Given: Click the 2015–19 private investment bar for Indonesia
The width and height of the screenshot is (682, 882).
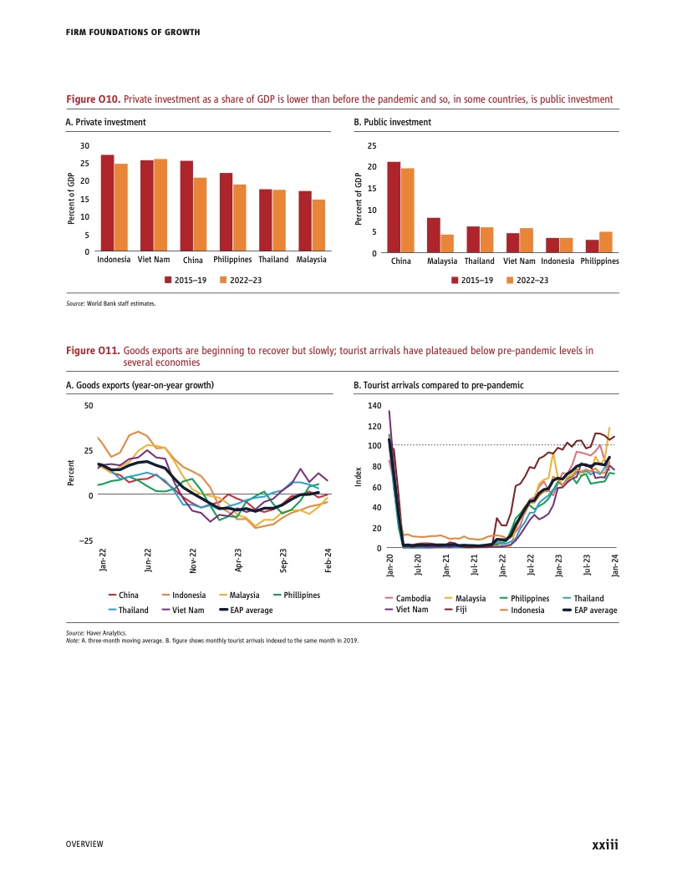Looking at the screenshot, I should (x=107, y=203).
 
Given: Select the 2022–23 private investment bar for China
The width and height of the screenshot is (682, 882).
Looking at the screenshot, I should (x=200, y=214).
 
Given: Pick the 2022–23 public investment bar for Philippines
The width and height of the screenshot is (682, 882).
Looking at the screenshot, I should (x=606, y=241).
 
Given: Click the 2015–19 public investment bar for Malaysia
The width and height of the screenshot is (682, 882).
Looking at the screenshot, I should (x=433, y=235).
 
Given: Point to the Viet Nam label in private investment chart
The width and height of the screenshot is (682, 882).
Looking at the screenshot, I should (x=154, y=260).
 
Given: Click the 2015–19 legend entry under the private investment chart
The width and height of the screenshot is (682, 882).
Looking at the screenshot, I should (x=185, y=279).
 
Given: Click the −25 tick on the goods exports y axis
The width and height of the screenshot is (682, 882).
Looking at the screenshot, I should (x=85, y=542).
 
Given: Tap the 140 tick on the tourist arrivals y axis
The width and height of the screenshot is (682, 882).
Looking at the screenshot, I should (x=374, y=406).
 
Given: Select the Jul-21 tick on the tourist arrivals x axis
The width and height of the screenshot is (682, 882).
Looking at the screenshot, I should (x=475, y=565).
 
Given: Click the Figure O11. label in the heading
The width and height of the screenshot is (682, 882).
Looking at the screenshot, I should (x=93, y=351).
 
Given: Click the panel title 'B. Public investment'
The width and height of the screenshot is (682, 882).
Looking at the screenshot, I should (x=393, y=122).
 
